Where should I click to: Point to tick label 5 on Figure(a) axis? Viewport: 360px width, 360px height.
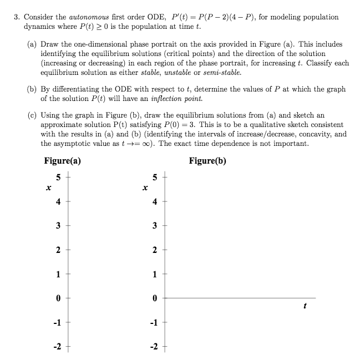pyautogui.click(x=58, y=178)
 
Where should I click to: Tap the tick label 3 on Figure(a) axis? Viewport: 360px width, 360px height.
pyautogui.click(x=58, y=226)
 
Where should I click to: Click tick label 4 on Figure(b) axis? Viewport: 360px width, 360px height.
pyautogui.click(x=155, y=202)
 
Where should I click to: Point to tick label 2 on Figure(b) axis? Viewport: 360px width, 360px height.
pyautogui.click(x=155, y=250)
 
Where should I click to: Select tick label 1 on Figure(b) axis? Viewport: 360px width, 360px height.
pyautogui.click(x=155, y=274)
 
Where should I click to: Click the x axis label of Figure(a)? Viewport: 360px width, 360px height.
pyautogui.click(x=49, y=189)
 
